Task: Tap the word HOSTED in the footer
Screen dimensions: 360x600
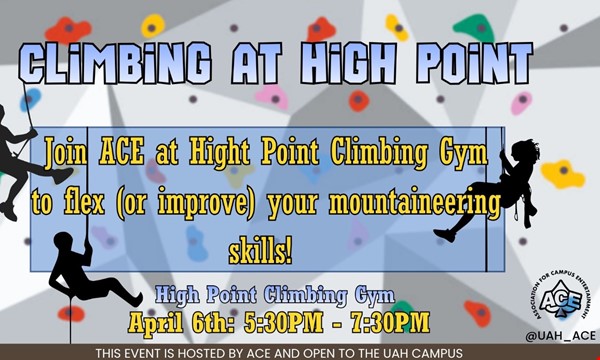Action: tap(207, 353)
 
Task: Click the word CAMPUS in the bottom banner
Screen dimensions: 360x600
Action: tap(432, 353)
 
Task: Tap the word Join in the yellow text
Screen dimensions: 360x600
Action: tap(70, 156)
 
